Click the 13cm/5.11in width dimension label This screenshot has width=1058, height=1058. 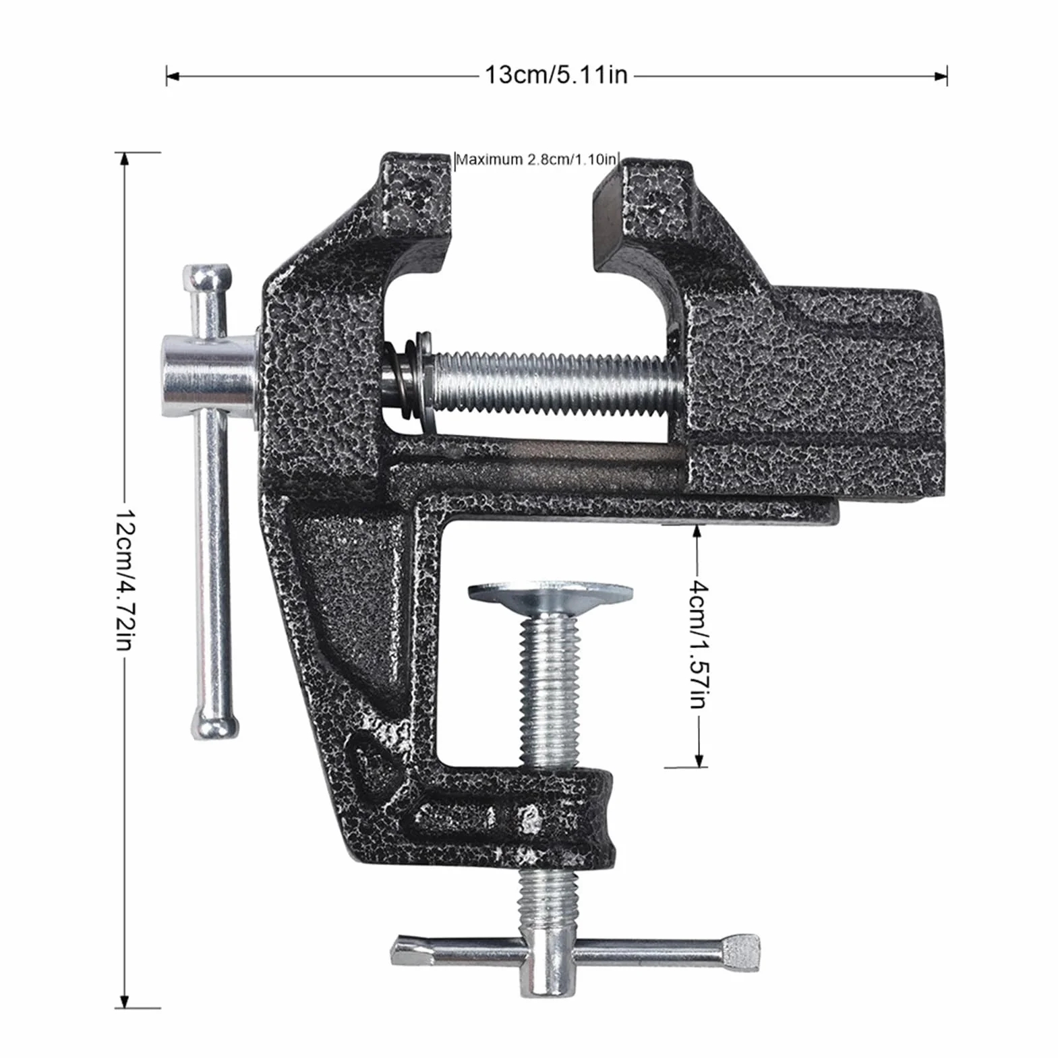pos(556,74)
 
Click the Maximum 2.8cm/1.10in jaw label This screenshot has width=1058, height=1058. pos(537,160)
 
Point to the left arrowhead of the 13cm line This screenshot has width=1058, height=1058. pos(172,76)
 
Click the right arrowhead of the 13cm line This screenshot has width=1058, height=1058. pos(941,76)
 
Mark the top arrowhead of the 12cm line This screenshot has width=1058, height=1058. pos(123,159)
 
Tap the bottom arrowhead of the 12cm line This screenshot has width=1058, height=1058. pos(123,1001)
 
